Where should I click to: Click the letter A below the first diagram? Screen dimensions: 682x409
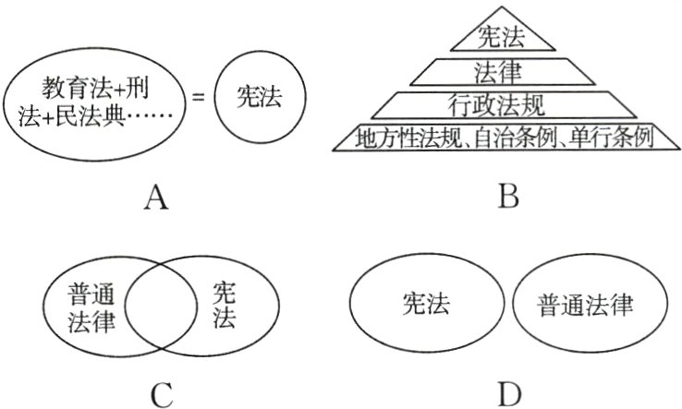157,196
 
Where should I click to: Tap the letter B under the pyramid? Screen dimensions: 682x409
507,196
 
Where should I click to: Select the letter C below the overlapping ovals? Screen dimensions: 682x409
162,394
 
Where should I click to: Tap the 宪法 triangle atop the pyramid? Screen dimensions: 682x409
504,36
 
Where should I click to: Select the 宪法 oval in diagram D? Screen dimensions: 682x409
425,304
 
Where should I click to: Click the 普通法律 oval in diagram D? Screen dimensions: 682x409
588,304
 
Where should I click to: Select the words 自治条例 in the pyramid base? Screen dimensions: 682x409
526,138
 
